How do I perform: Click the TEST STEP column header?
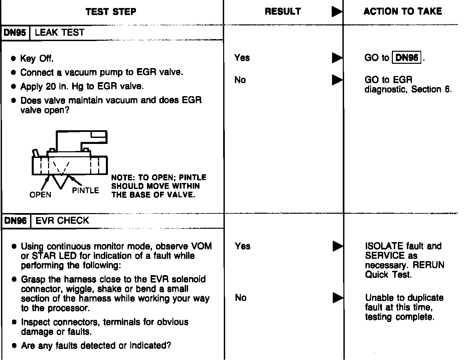pyautogui.click(x=111, y=12)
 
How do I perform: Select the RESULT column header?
pyautogui.click(x=283, y=12)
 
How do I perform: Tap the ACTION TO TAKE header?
pyautogui.click(x=403, y=12)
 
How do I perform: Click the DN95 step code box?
pyautogui.click(x=15, y=33)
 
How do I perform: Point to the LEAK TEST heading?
pyautogui.click(x=59, y=33)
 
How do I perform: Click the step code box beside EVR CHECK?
pyautogui.click(x=15, y=221)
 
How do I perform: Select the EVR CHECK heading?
pyautogui.click(x=62, y=221)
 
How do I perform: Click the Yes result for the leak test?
pyautogui.click(x=242, y=58)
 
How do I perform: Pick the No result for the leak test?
pyautogui.click(x=240, y=80)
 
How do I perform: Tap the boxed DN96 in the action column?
pyautogui.click(x=407, y=58)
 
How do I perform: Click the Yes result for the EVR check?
pyautogui.click(x=242, y=246)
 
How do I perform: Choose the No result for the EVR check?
pyautogui.click(x=241, y=298)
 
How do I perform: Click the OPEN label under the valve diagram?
pyautogui.click(x=40, y=195)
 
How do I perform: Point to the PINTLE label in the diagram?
pyautogui.click(x=86, y=191)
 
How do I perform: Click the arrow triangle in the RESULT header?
pyautogui.click(x=337, y=12)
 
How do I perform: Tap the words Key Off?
pyautogui.click(x=37, y=59)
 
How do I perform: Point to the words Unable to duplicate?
pyautogui.click(x=404, y=298)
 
